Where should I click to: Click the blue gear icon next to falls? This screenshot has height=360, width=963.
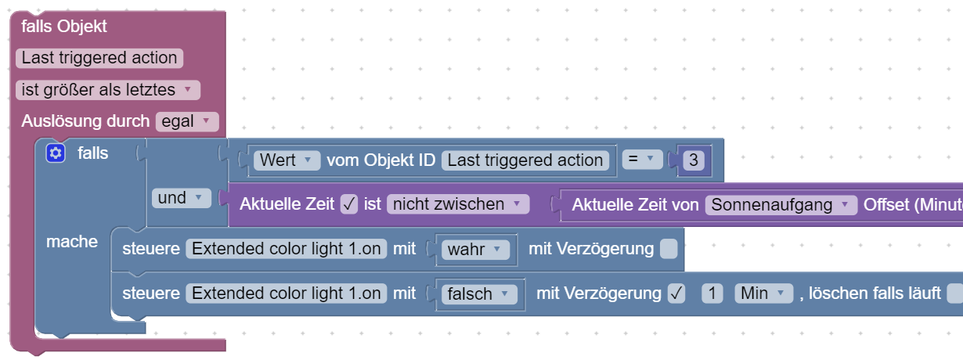pos(55,153)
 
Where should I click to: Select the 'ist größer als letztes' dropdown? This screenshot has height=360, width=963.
pos(107,90)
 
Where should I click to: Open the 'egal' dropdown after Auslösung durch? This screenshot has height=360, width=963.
pos(186,121)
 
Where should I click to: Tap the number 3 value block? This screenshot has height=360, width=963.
pos(694,160)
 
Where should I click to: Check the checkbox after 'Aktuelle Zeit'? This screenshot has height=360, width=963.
pos(350,204)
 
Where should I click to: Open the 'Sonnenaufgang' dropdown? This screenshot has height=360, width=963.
pos(780,204)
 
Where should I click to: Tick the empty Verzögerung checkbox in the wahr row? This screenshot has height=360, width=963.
pos(668,250)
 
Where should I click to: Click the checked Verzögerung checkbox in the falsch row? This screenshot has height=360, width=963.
pos(676,294)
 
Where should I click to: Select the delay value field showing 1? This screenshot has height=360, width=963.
pos(712,294)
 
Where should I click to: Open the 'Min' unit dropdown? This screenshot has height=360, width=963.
pos(763,294)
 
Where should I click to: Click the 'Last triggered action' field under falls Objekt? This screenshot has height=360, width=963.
pos(99,58)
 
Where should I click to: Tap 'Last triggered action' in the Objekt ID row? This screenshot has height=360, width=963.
pos(525,160)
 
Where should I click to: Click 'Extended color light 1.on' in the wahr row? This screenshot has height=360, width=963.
pos(286,250)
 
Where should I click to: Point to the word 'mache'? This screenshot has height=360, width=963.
pos(72,242)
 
